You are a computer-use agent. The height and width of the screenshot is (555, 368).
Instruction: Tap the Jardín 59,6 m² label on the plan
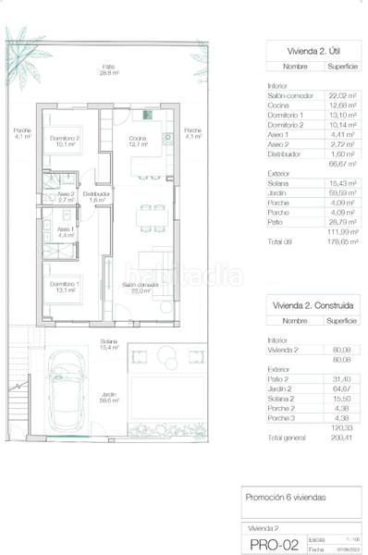(x=109, y=399)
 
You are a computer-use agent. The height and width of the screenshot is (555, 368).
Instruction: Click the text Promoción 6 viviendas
(x=286, y=498)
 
